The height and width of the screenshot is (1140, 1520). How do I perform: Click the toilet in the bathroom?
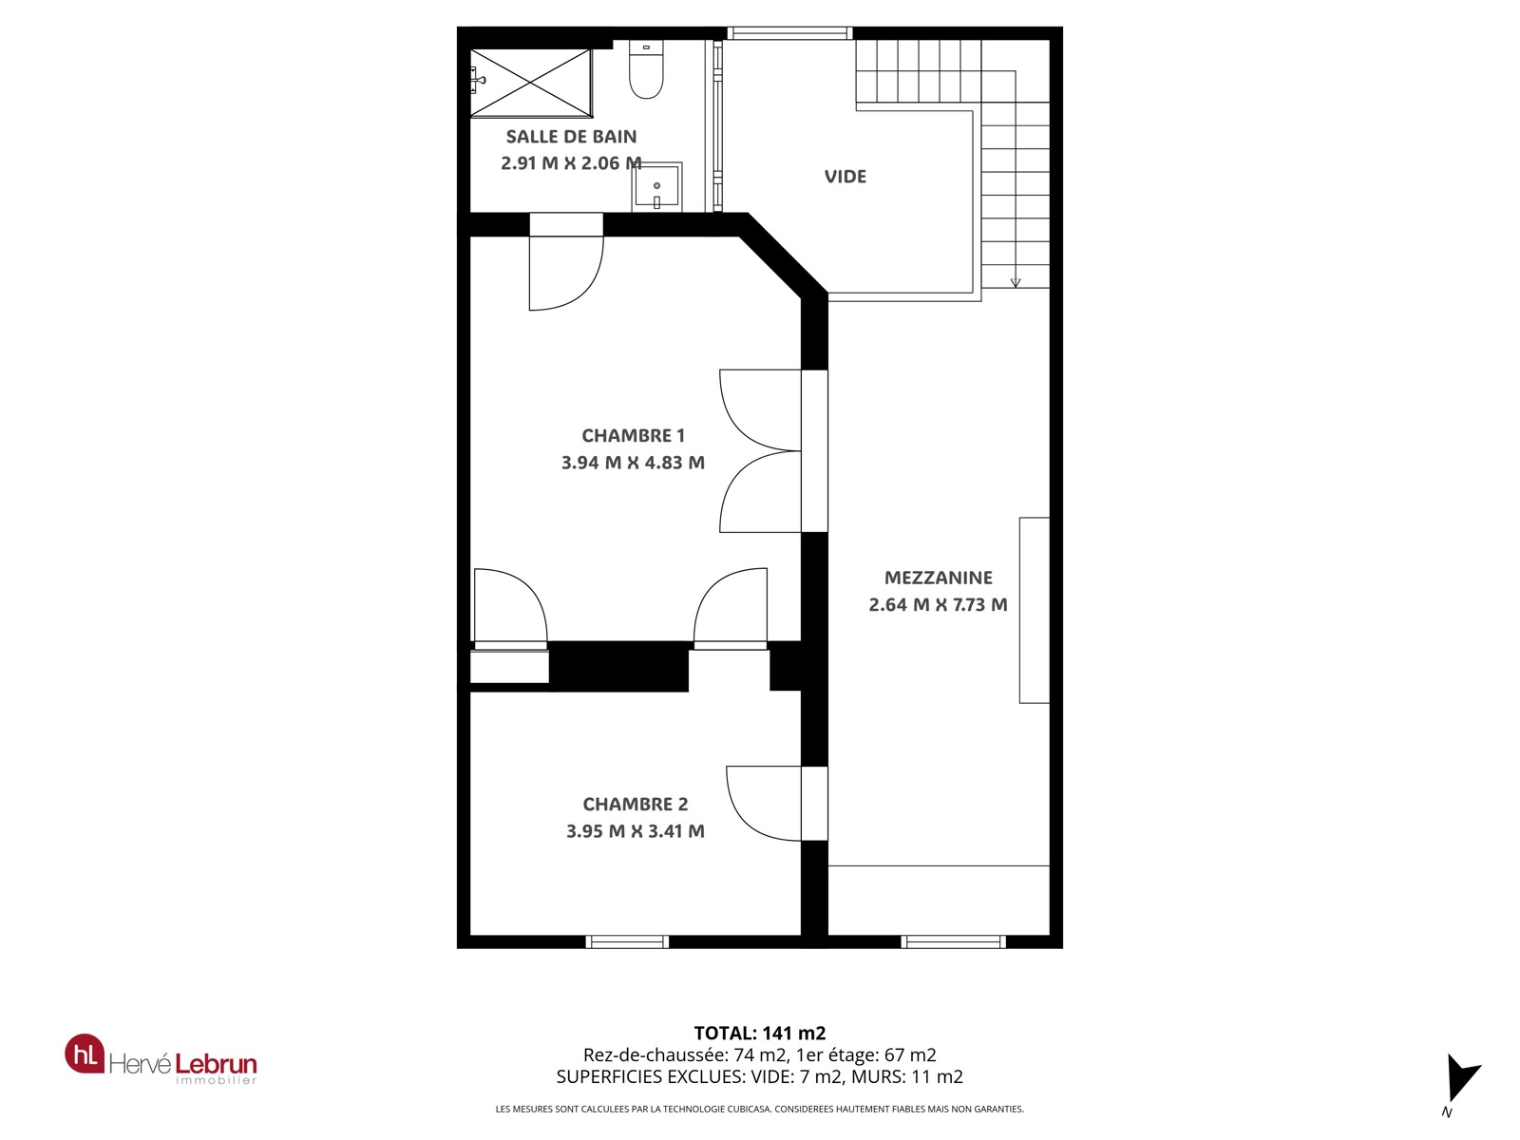(x=646, y=69)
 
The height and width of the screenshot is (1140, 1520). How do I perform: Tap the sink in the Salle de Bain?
(x=656, y=187)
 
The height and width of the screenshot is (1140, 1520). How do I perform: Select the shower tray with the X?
(x=531, y=83)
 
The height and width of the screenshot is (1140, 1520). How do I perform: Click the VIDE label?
(x=845, y=177)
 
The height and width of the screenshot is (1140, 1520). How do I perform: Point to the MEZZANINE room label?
(x=939, y=578)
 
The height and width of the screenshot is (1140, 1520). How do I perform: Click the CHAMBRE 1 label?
(x=633, y=435)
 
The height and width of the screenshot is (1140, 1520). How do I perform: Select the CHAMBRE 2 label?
(x=635, y=804)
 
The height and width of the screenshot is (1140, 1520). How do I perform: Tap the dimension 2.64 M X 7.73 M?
(x=939, y=604)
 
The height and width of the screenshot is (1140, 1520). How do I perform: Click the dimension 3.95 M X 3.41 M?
(x=635, y=830)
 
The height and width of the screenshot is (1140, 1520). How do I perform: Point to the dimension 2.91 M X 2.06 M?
(x=571, y=162)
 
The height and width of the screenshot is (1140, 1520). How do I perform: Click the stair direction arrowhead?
(x=1016, y=282)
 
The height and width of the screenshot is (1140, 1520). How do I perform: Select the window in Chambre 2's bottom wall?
(x=627, y=941)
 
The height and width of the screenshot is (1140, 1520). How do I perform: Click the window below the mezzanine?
(x=953, y=941)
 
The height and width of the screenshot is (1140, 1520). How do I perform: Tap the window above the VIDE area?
(x=789, y=33)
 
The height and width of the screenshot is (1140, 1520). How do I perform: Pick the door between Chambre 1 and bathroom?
(x=566, y=261)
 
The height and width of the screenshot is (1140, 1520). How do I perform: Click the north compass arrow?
(x=1460, y=1078)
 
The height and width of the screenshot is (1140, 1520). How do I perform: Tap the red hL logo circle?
(x=85, y=1054)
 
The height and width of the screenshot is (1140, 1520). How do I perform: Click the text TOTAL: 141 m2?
(x=760, y=1034)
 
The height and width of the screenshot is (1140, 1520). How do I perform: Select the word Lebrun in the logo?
(x=216, y=1063)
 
